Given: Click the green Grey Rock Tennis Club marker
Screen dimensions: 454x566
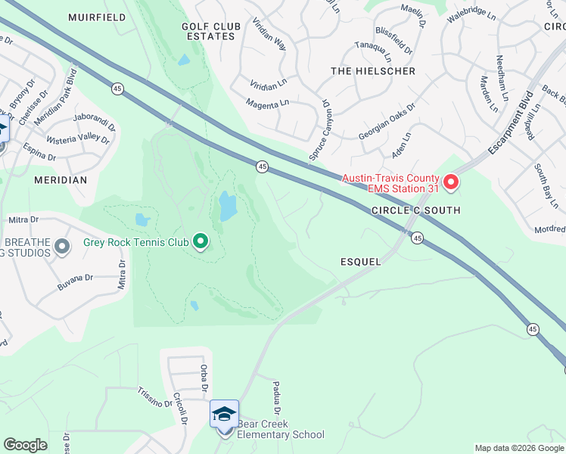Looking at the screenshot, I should [x=201, y=242].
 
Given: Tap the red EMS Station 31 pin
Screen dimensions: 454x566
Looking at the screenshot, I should [x=451, y=182].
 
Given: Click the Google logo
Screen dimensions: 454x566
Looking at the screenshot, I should [x=25, y=445].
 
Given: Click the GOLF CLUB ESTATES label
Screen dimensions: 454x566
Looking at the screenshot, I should [x=211, y=31].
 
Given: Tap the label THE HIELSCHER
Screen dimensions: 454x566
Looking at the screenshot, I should [x=373, y=71].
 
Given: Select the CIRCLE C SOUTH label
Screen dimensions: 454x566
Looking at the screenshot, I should [x=415, y=210].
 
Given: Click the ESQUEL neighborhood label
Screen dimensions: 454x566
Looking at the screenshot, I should [x=360, y=261].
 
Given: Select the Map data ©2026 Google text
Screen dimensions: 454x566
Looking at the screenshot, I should [x=518, y=448].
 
